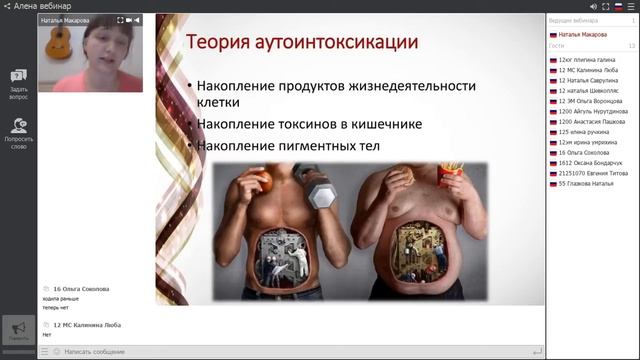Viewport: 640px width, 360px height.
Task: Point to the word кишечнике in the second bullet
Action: click(x=386, y=124)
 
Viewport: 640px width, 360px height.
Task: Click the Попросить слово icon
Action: click(x=18, y=131)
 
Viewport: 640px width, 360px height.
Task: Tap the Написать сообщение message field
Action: click(x=290, y=352)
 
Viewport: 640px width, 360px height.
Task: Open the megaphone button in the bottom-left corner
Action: click(x=18, y=331)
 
